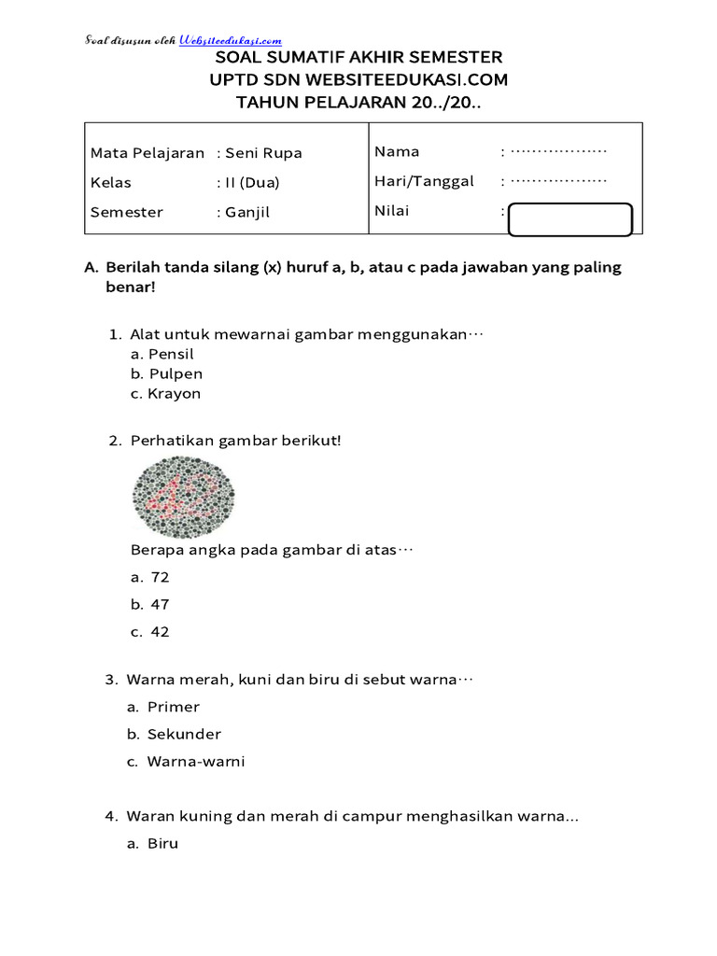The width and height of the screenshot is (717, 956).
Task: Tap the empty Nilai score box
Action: click(x=570, y=219)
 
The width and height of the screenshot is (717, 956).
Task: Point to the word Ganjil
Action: click(x=247, y=212)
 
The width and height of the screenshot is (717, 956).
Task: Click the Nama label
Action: click(x=397, y=151)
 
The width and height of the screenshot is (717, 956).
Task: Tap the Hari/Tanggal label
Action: click(x=424, y=181)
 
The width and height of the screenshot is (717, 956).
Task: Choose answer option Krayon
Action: click(x=174, y=394)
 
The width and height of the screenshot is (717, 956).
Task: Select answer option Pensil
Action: click(x=171, y=355)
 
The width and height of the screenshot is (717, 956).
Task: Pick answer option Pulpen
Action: click(x=175, y=374)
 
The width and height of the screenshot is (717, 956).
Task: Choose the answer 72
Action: click(x=160, y=578)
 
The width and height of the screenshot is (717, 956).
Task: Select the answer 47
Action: click(x=160, y=605)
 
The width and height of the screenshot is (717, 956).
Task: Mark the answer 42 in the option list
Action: click(x=160, y=632)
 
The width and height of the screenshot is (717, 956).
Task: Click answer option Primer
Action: click(x=173, y=707)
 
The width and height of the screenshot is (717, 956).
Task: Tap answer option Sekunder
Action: click(x=184, y=734)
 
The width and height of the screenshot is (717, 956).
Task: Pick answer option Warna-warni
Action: click(x=195, y=761)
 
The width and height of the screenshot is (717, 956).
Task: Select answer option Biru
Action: click(x=162, y=844)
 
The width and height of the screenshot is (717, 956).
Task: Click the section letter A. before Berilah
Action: click(x=91, y=267)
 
